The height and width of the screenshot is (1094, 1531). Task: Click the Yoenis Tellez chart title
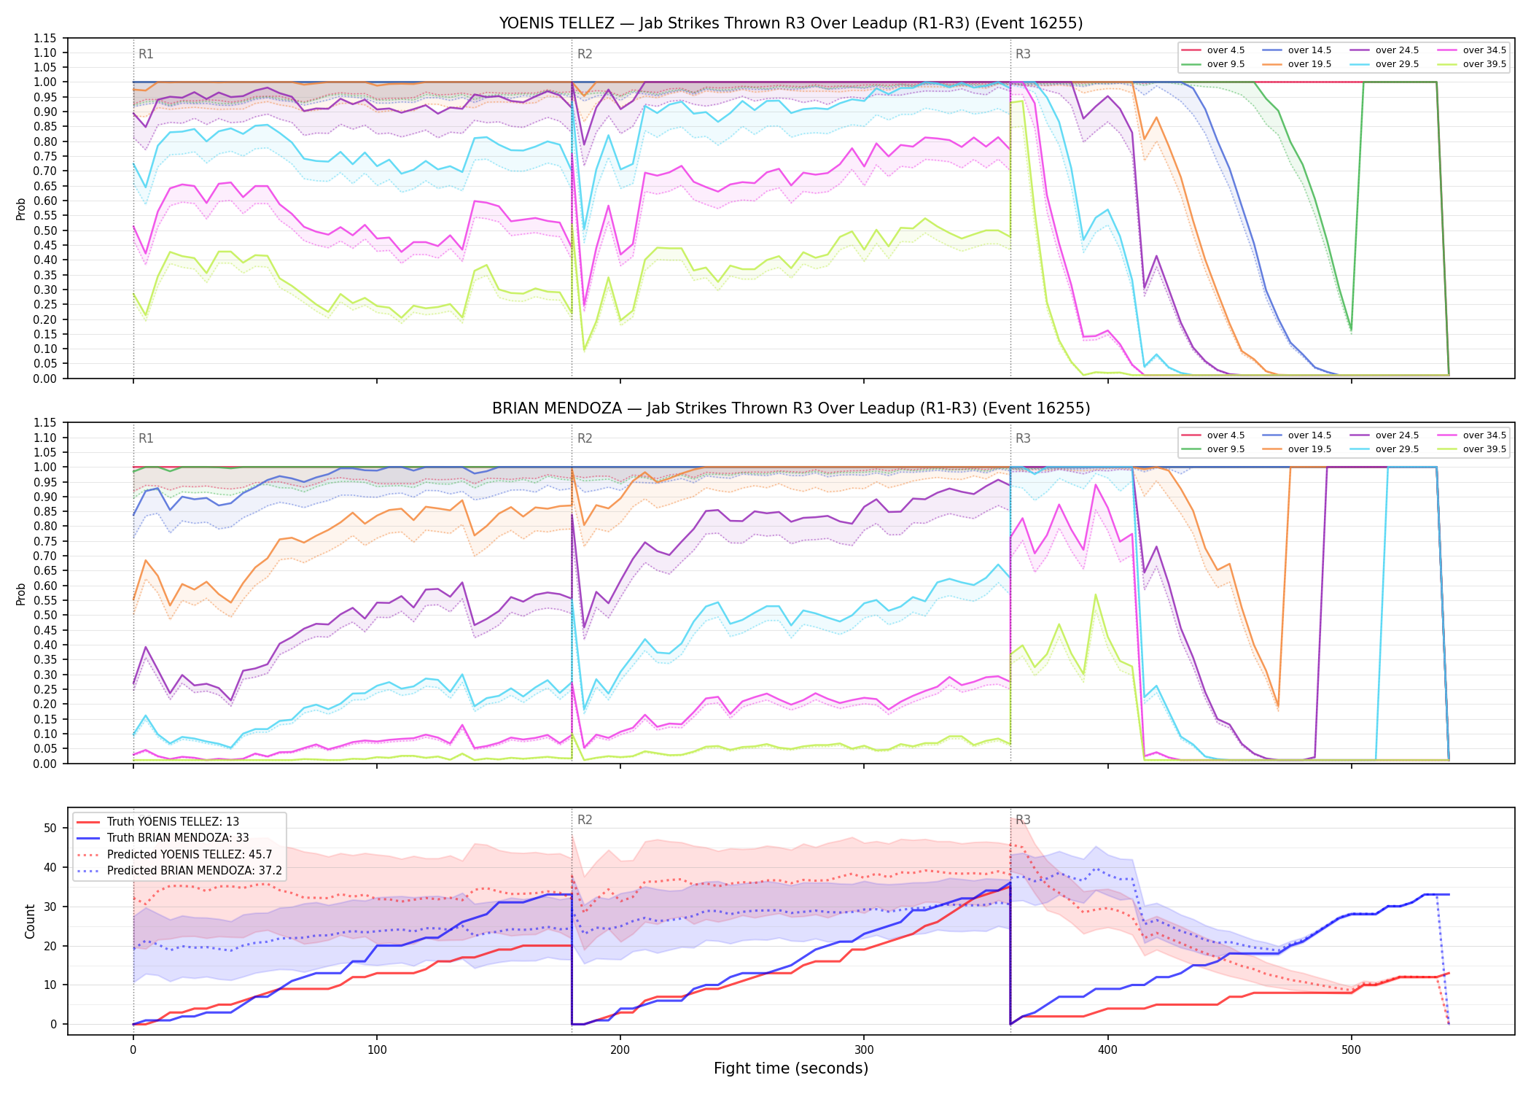click(x=791, y=23)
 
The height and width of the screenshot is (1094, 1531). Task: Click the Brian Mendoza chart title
click(x=791, y=408)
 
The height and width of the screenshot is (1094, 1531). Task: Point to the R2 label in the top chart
click(x=585, y=54)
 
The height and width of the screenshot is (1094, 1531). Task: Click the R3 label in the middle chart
click(x=1023, y=438)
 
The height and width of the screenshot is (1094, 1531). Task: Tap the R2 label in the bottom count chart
click(x=585, y=820)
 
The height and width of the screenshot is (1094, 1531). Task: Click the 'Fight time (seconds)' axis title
click(x=791, y=1068)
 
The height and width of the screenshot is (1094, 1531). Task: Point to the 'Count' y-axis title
click(x=30, y=921)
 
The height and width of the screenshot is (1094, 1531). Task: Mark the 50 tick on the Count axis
click(x=50, y=828)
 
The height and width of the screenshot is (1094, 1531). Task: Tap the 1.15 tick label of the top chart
click(x=44, y=38)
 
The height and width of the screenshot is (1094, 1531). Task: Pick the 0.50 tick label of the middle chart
click(x=44, y=615)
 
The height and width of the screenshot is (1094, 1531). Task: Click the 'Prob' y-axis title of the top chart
click(x=21, y=209)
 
